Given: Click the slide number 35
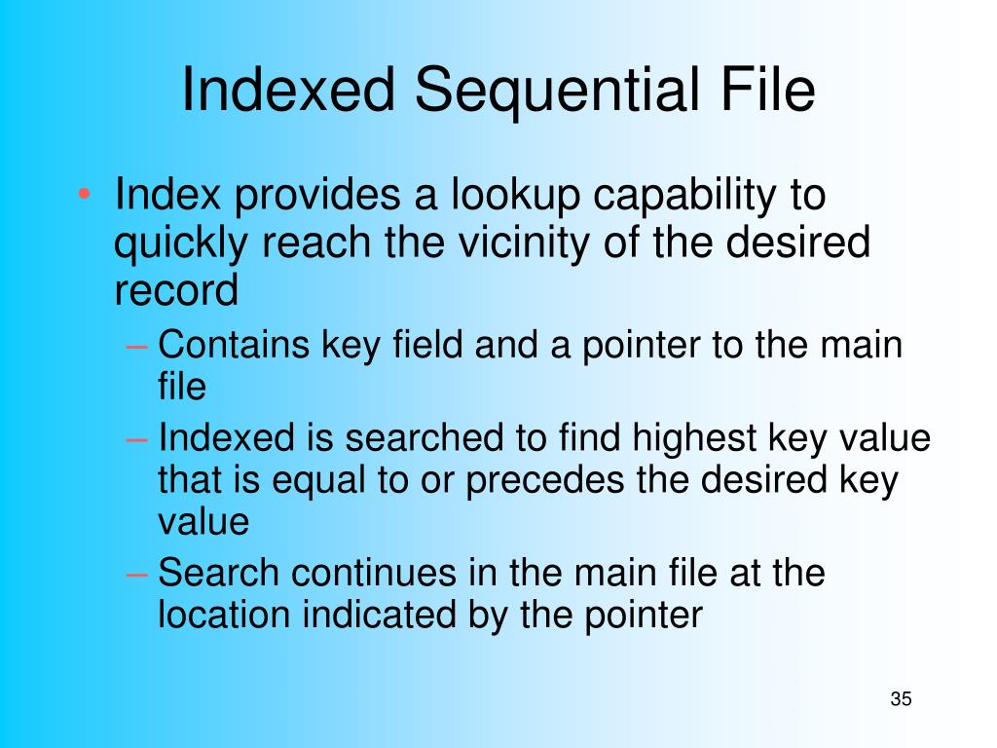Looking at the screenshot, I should pos(901,699).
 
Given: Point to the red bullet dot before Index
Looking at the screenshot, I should pos(86,195).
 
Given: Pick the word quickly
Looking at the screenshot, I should pos(180,244).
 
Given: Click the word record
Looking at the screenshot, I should pos(175,290).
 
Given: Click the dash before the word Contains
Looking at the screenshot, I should pos(138,346).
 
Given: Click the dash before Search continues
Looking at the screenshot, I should pos(138,574).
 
